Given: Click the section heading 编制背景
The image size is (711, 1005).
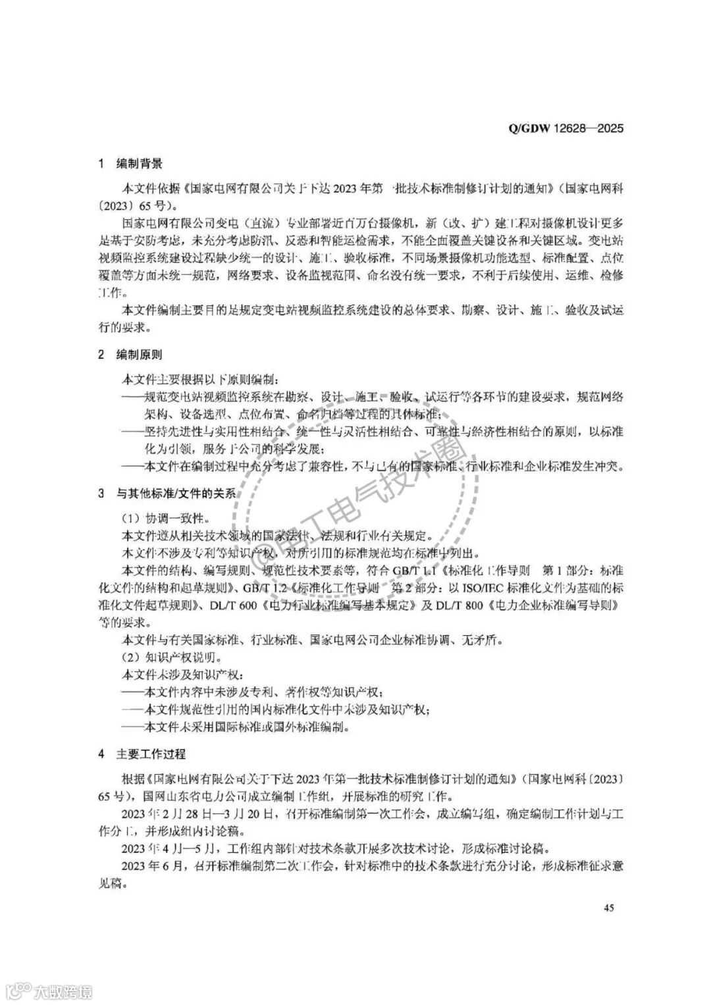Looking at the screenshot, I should [139, 163].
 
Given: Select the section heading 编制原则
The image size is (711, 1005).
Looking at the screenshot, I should [139, 355].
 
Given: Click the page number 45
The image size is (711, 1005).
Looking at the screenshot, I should [608, 908].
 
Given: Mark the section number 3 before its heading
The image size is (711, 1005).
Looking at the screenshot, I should [101, 493].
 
